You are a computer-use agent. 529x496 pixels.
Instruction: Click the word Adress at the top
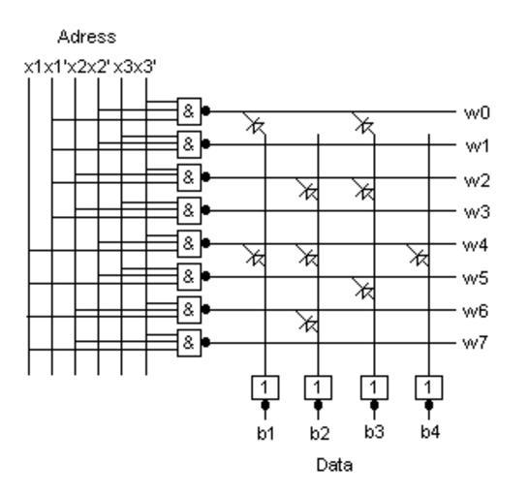[x=86, y=37]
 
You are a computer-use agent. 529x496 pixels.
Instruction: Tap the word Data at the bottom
[x=334, y=465]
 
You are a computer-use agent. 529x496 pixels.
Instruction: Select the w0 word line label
[x=477, y=112]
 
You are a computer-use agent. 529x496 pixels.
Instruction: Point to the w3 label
[x=477, y=212]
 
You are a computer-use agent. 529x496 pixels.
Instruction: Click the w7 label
[x=475, y=343]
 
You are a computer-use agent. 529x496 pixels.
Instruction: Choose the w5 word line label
[x=476, y=278]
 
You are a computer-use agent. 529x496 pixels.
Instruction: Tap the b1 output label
[x=265, y=433]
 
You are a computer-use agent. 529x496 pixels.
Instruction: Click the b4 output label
[x=430, y=432]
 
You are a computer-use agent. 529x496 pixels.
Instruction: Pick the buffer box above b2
[x=318, y=387]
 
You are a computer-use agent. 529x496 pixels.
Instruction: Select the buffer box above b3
[x=374, y=387]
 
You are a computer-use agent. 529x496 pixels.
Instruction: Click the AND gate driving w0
[x=189, y=111]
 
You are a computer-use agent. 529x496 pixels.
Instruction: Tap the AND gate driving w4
[x=189, y=243]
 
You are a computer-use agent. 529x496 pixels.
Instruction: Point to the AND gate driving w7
[x=189, y=343]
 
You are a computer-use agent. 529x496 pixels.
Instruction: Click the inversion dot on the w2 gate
[x=205, y=177]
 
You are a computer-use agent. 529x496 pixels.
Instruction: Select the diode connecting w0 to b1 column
[x=255, y=123]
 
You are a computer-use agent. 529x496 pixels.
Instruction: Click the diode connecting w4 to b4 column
[x=419, y=256]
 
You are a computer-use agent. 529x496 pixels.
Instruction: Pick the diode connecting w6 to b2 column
[x=308, y=322]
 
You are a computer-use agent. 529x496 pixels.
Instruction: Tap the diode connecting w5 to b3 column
[x=363, y=289]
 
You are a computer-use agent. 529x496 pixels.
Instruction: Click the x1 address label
[x=33, y=68]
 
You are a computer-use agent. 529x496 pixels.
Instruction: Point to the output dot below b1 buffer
[x=265, y=405]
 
